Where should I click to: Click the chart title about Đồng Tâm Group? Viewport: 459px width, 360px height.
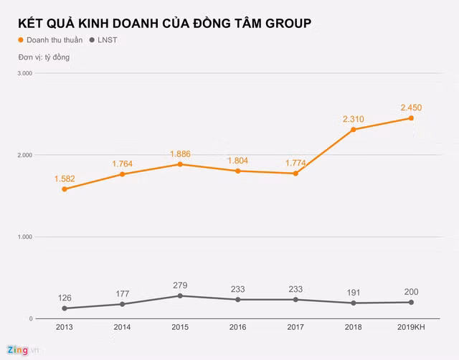point(165,23)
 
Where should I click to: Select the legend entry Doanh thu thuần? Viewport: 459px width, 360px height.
point(49,40)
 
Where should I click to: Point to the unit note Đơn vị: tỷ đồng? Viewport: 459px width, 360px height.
point(44,57)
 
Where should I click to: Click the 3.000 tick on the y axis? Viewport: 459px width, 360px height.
point(26,73)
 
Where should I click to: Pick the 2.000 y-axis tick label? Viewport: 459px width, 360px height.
point(26,155)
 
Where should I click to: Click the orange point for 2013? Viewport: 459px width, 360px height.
point(65,189)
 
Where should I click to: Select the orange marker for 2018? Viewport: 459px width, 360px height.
point(354,130)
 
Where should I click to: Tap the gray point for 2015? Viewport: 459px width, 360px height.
point(181,295)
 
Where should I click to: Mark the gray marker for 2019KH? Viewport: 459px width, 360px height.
point(411,302)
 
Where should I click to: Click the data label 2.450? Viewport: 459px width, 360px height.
point(411,108)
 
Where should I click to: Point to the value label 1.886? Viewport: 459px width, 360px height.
point(181,153)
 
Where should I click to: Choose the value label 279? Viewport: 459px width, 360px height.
point(181,285)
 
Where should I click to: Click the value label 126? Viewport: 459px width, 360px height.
point(65,298)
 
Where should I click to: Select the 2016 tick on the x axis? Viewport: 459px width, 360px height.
point(238,327)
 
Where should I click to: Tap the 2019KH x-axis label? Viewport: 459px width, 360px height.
point(411,327)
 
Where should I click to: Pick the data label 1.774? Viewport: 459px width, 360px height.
point(295,163)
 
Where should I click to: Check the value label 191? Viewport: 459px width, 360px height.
point(354,292)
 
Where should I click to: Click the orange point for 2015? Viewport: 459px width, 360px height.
point(181,164)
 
